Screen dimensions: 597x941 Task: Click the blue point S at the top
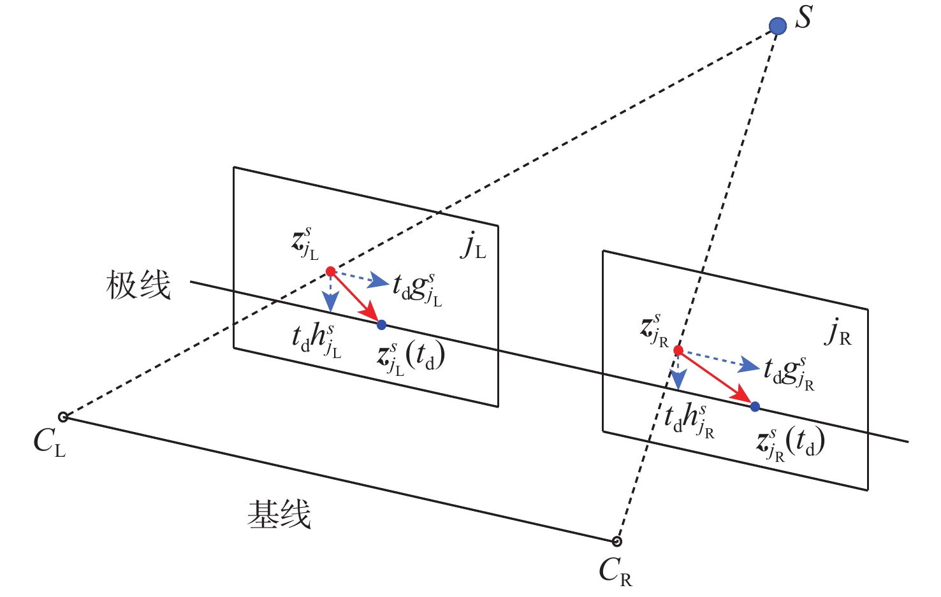coord(777,26)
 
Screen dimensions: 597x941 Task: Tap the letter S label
coord(804,17)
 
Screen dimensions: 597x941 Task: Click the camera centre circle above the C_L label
coord(63,417)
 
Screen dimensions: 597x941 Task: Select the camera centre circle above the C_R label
coord(616,542)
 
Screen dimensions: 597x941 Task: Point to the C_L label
coord(49,442)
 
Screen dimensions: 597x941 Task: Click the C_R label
coord(615,571)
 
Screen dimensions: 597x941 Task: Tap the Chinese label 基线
coord(279,514)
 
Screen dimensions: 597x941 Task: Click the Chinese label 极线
coord(138,285)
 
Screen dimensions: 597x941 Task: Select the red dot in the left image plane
coord(330,272)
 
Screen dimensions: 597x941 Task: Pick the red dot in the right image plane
coord(678,350)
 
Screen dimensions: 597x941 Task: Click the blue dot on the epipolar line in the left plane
coord(381,325)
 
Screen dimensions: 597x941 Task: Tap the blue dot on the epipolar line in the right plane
coord(755,406)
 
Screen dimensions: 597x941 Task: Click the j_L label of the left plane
coord(473,246)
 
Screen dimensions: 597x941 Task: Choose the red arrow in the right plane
coord(715,377)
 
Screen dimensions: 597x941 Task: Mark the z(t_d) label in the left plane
coord(410,359)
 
